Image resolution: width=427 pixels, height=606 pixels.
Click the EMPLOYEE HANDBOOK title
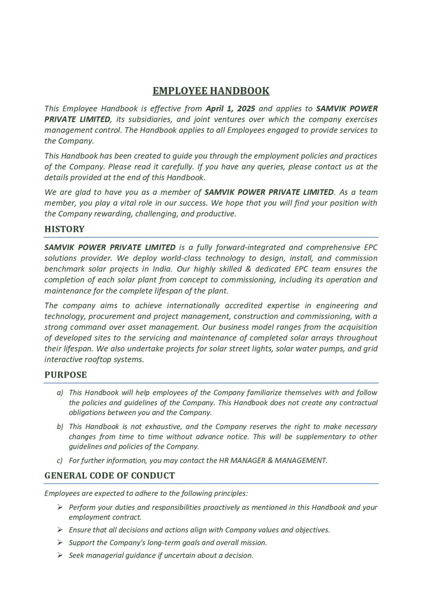pyautogui.click(x=211, y=91)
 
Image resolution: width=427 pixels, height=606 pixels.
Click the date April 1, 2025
pyautogui.click(x=230, y=108)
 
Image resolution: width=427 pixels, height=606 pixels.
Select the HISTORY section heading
pyautogui.click(x=64, y=229)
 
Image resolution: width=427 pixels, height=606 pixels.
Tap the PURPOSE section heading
pyautogui.click(x=65, y=375)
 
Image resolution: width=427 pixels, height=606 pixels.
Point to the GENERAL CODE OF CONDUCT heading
pyautogui.click(x=109, y=475)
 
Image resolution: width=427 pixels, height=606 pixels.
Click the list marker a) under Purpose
pyautogui.click(x=60, y=393)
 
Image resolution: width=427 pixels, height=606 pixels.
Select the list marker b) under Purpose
pyautogui.click(x=60, y=427)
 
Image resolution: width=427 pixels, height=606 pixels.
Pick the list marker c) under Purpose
pyautogui.click(x=60, y=460)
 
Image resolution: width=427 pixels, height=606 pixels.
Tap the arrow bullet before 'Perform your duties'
pyautogui.click(x=60, y=507)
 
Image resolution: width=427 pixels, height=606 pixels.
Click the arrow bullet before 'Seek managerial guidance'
pyautogui.click(x=60, y=555)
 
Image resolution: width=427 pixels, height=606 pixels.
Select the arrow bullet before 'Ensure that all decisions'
pyautogui.click(x=60, y=530)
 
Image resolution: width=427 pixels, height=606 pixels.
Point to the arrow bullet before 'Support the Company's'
pyautogui.click(x=60, y=542)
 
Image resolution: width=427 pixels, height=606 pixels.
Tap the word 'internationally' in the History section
pyautogui.click(x=193, y=305)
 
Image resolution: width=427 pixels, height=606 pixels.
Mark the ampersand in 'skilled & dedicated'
pyautogui.click(x=248, y=269)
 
